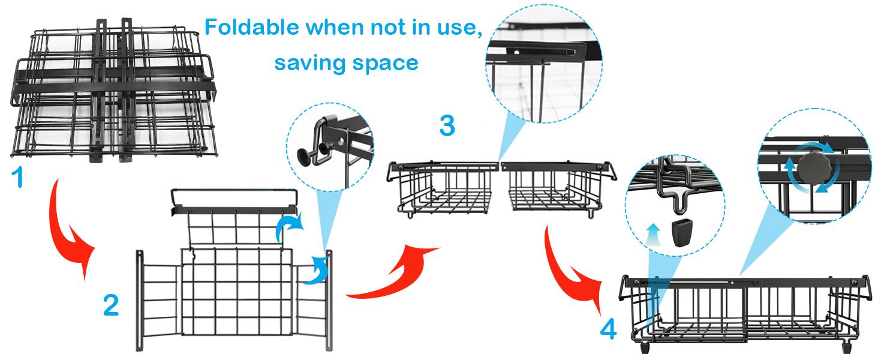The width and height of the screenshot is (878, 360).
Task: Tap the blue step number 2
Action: pyautogui.click(x=111, y=305)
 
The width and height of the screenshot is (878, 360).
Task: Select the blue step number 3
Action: pyautogui.click(x=447, y=127)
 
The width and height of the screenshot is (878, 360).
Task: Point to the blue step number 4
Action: pyautogui.click(x=608, y=329)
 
